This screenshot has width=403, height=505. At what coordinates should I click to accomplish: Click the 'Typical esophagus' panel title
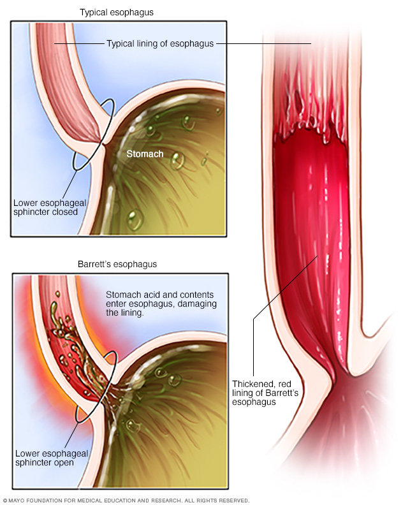click(x=117, y=13)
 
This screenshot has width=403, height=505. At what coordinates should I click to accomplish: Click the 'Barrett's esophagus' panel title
click(x=117, y=264)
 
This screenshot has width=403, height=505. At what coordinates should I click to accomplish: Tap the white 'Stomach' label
click(x=145, y=154)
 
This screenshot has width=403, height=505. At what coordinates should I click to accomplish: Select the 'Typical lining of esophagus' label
click(x=160, y=44)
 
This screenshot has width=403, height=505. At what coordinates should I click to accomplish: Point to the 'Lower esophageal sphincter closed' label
click(x=50, y=207)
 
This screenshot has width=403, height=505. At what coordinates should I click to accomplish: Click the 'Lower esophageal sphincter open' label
click(x=52, y=458)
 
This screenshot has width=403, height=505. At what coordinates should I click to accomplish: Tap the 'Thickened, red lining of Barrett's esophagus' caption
click(x=265, y=393)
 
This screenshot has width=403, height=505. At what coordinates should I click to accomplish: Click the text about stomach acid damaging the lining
click(x=161, y=304)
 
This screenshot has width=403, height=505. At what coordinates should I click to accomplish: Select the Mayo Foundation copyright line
click(x=126, y=501)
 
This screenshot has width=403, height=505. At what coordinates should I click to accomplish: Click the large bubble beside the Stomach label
click(x=177, y=161)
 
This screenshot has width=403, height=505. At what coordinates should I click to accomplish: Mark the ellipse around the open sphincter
click(x=96, y=386)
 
